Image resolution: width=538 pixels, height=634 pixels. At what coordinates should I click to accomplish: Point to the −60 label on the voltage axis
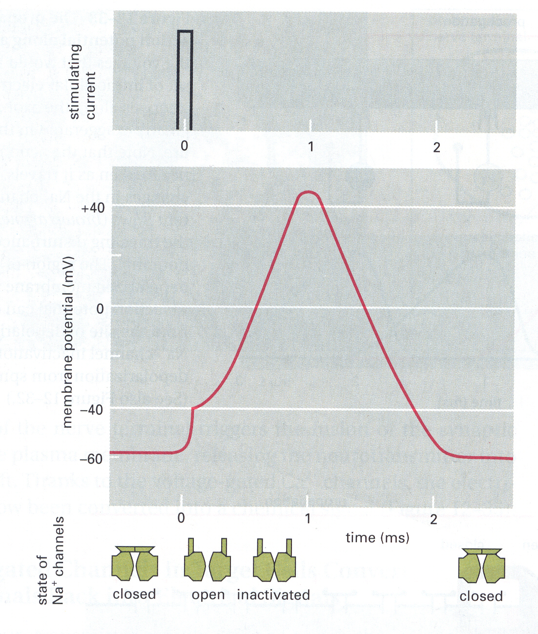[x=91, y=459]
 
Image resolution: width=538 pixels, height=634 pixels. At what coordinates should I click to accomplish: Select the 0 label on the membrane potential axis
[x=100, y=309]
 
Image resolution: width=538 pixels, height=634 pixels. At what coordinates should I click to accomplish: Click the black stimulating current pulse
[x=185, y=78]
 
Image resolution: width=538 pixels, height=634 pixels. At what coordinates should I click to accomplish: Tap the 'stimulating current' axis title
[x=83, y=82]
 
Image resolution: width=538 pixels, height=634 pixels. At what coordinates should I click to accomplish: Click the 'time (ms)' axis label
[x=377, y=538]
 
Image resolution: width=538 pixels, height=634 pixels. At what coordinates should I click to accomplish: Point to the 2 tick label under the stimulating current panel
[x=436, y=147]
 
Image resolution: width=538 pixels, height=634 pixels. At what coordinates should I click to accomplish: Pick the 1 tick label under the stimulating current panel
[x=311, y=146]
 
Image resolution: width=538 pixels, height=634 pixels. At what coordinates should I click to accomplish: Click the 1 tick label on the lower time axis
[x=308, y=518]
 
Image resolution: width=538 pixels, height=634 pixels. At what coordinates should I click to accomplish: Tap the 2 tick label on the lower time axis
[x=434, y=519]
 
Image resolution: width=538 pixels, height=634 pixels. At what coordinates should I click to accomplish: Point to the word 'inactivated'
[x=273, y=595]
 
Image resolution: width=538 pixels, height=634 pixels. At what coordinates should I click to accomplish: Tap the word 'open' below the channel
[x=208, y=595]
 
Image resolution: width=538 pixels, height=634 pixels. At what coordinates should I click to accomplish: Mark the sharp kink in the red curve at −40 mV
[x=193, y=408]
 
